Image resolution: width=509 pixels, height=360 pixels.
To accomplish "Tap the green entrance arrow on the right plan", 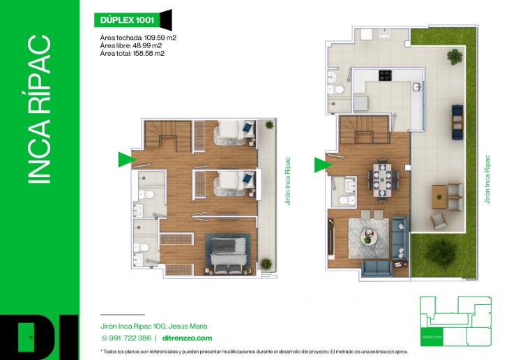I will pos(321,165).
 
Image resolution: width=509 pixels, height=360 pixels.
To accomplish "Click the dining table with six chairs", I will pos(381,179).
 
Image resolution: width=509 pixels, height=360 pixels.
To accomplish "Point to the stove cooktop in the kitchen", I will pos(385,74).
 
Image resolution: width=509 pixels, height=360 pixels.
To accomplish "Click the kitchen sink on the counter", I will pos(416,87).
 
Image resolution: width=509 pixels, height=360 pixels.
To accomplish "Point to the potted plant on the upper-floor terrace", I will pos(269,125).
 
